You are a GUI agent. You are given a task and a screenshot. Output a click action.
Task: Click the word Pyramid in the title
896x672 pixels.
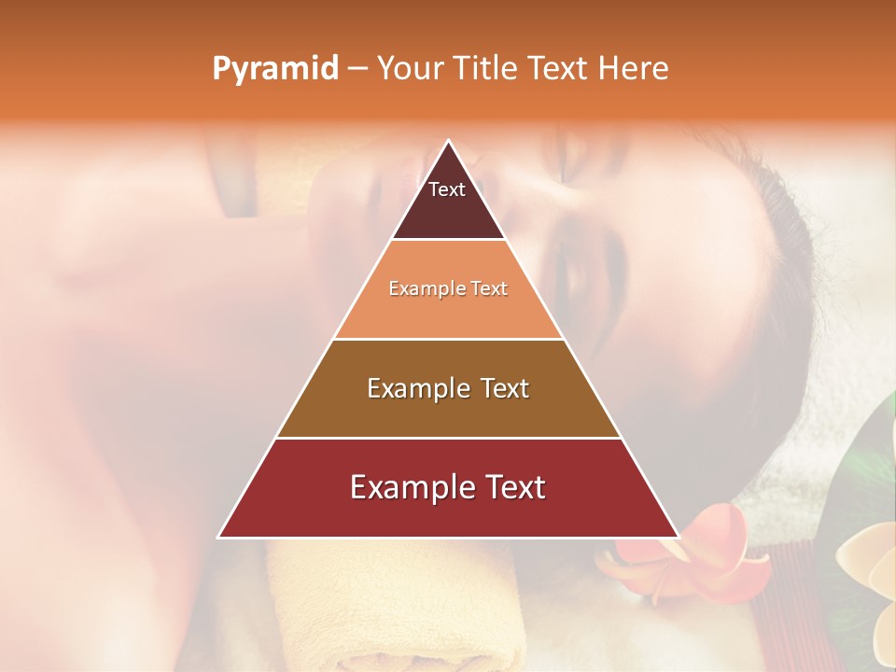(x=274, y=69)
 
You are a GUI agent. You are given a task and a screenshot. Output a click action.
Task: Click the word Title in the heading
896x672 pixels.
(x=490, y=69)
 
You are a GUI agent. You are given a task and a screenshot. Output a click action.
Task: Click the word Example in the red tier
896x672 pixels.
(x=408, y=487)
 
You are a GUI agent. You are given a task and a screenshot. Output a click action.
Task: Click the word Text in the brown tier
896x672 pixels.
(x=499, y=388)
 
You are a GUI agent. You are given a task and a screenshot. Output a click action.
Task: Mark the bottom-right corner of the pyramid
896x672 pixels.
(x=677, y=537)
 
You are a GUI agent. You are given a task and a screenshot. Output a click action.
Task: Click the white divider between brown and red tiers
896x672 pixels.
(x=448, y=438)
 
